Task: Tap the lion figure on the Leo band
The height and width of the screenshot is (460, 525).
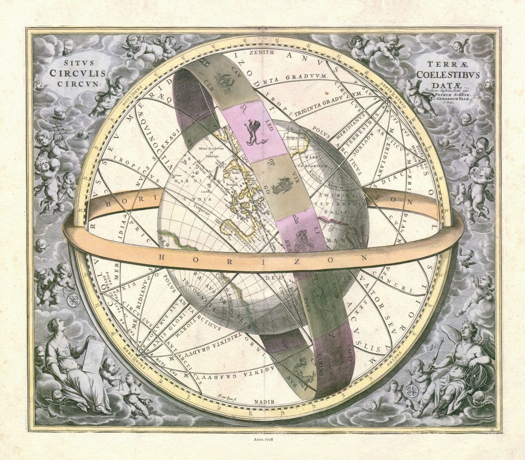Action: [252, 133]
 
